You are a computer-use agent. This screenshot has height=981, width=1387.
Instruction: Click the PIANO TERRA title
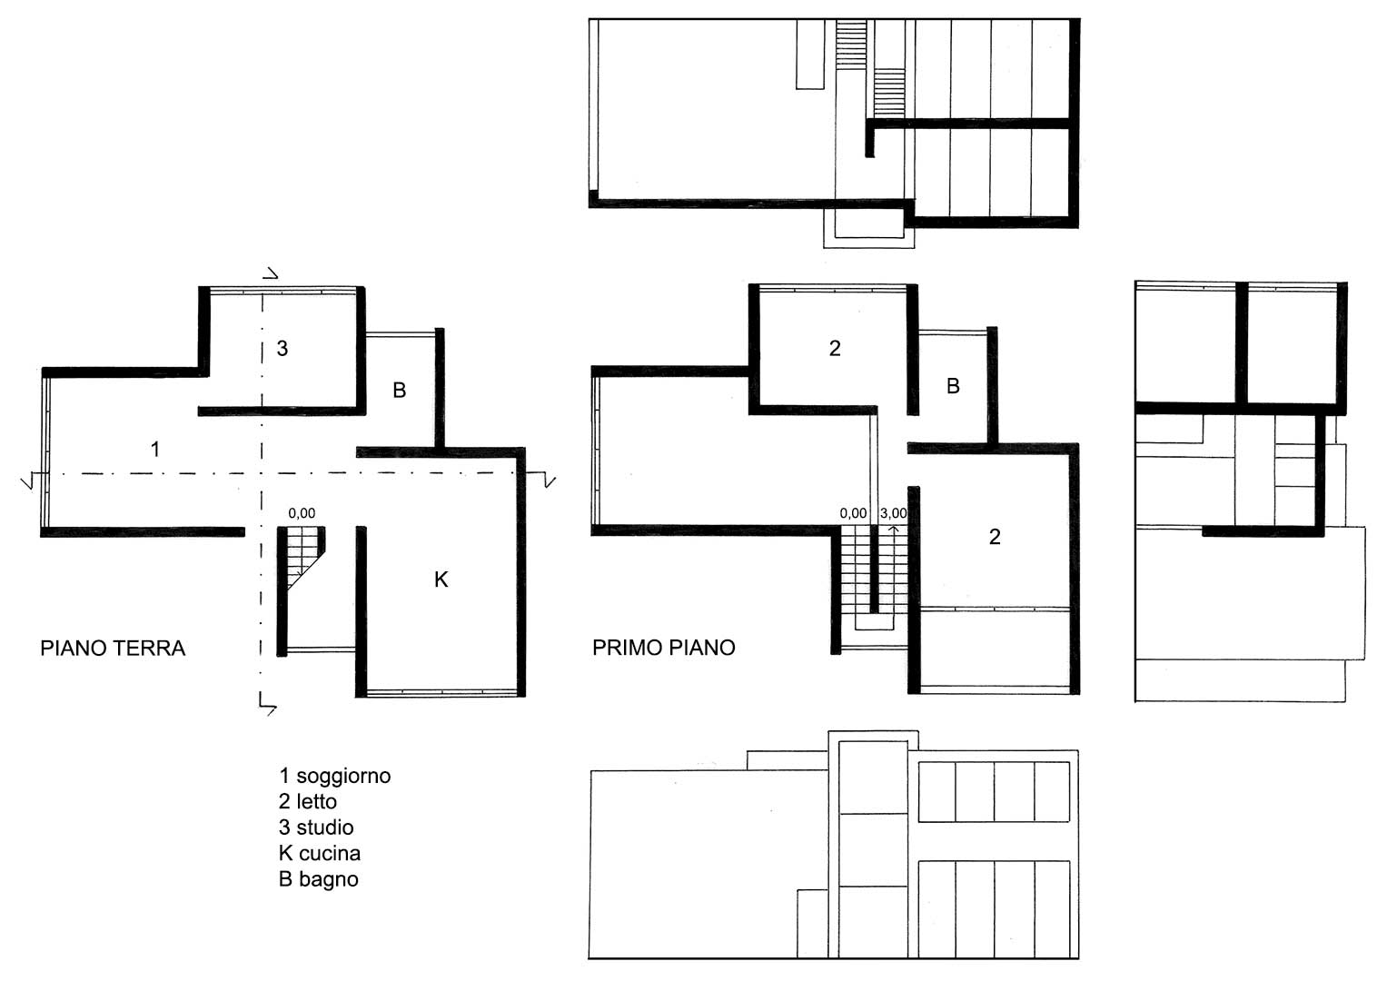tap(113, 649)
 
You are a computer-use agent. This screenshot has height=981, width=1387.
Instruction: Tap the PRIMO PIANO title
tap(664, 648)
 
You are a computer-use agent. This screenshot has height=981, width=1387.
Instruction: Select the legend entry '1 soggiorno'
tap(335, 776)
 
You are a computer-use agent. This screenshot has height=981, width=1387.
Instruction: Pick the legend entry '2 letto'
tap(308, 801)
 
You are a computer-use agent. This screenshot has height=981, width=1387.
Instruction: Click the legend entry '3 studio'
tap(316, 827)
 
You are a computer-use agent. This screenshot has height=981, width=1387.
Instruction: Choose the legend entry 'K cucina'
tap(320, 854)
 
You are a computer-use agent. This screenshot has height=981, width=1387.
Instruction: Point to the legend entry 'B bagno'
tap(319, 879)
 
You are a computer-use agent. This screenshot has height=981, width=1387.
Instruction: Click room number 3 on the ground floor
tap(282, 349)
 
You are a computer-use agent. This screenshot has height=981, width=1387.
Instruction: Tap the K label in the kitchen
tap(441, 580)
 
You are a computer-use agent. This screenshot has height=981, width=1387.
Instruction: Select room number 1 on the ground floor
tap(155, 449)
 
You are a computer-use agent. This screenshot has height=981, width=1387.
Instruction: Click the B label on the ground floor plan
tap(400, 391)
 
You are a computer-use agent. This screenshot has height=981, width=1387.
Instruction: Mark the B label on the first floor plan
tap(953, 386)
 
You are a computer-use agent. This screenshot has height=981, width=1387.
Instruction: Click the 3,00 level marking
tap(894, 513)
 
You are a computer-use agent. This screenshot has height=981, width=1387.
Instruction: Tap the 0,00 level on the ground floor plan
tap(302, 513)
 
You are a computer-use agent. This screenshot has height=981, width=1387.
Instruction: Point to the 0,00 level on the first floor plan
tap(853, 513)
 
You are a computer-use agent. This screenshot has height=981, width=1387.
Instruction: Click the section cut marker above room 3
tap(270, 273)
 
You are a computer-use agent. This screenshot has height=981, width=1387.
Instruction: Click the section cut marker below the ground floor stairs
tap(267, 705)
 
